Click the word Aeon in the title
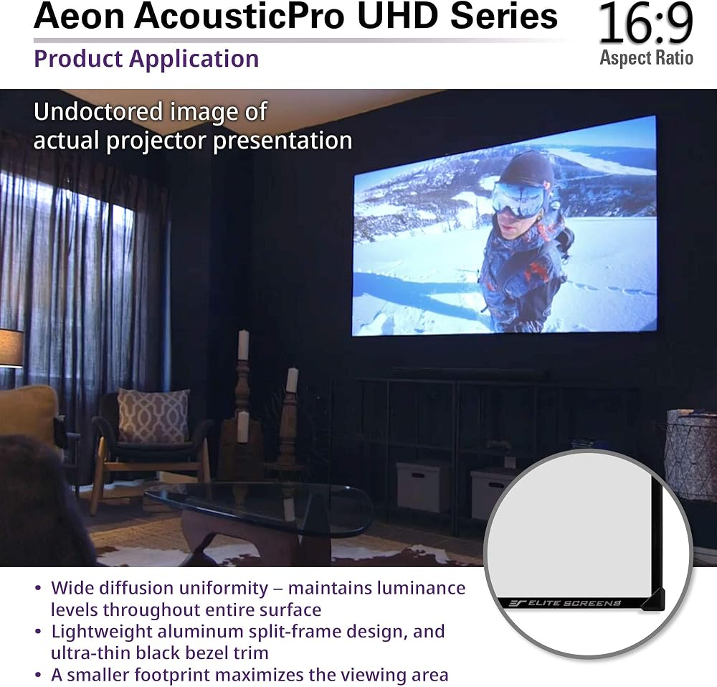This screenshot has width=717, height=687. click(x=79, y=16)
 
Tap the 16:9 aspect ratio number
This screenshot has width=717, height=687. click(x=645, y=24)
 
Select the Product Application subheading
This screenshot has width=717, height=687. click(x=146, y=60)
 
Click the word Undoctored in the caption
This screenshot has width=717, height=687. click(x=98, y=112)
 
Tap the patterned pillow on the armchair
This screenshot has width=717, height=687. click(x=153, y=416)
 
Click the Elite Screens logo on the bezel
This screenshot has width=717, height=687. click(x=565, y=603)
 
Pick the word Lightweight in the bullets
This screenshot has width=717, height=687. click(x=102, y=632)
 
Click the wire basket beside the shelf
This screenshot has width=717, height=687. click(x=690, y=454)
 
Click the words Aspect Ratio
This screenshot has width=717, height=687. click(x=646, y=58)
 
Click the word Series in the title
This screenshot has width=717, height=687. click(x=504, y=16)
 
